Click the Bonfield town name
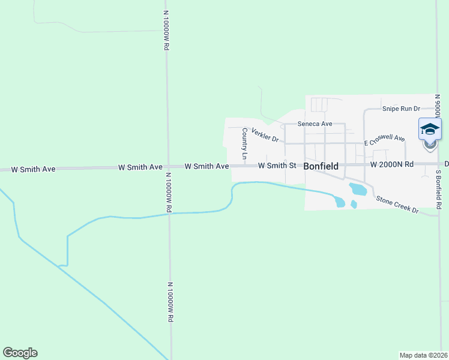(321, 166)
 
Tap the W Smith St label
(277, 165)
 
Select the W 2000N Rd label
(392, 164)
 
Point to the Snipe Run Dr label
(402, 109)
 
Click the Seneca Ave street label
(315, 124)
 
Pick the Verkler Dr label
(265, 135)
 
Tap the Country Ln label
(244, 143)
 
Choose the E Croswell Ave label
(384, 141)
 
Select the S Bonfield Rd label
(439, 190)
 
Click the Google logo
(20, 353)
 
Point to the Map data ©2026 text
(424, 355)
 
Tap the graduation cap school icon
(430, 128)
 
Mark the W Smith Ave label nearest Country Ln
(206, 166)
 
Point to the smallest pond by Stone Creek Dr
(354, 204)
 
